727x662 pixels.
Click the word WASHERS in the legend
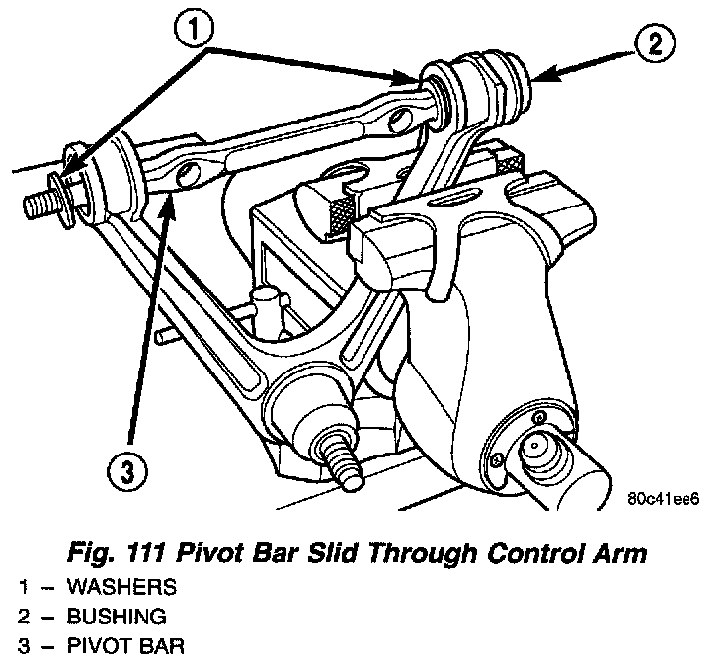[x=121, y=587]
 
